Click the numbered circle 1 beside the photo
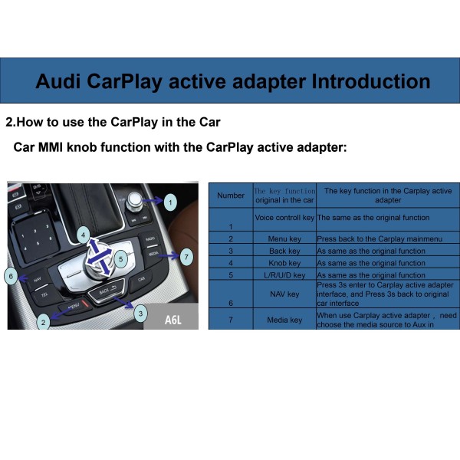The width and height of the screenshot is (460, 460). pos(170,201)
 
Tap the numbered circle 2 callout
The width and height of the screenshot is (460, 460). pos(44,322)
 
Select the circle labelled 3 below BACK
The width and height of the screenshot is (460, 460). pos(140,313)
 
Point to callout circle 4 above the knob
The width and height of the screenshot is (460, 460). pos(83,234)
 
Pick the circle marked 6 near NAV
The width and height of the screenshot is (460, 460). pos(11,274)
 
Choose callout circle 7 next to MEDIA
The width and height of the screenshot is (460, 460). pos(185,258)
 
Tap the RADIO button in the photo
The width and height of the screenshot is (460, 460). pos(149,240)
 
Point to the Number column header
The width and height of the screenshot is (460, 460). pos(231,195)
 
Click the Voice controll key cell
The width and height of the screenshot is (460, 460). pos(284,218)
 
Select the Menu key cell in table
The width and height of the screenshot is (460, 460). pos(284,238)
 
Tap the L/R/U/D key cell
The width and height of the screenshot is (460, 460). pos(284,275)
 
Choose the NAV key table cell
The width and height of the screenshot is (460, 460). pos(284,293)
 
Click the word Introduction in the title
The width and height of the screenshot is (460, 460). pos(363,81)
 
